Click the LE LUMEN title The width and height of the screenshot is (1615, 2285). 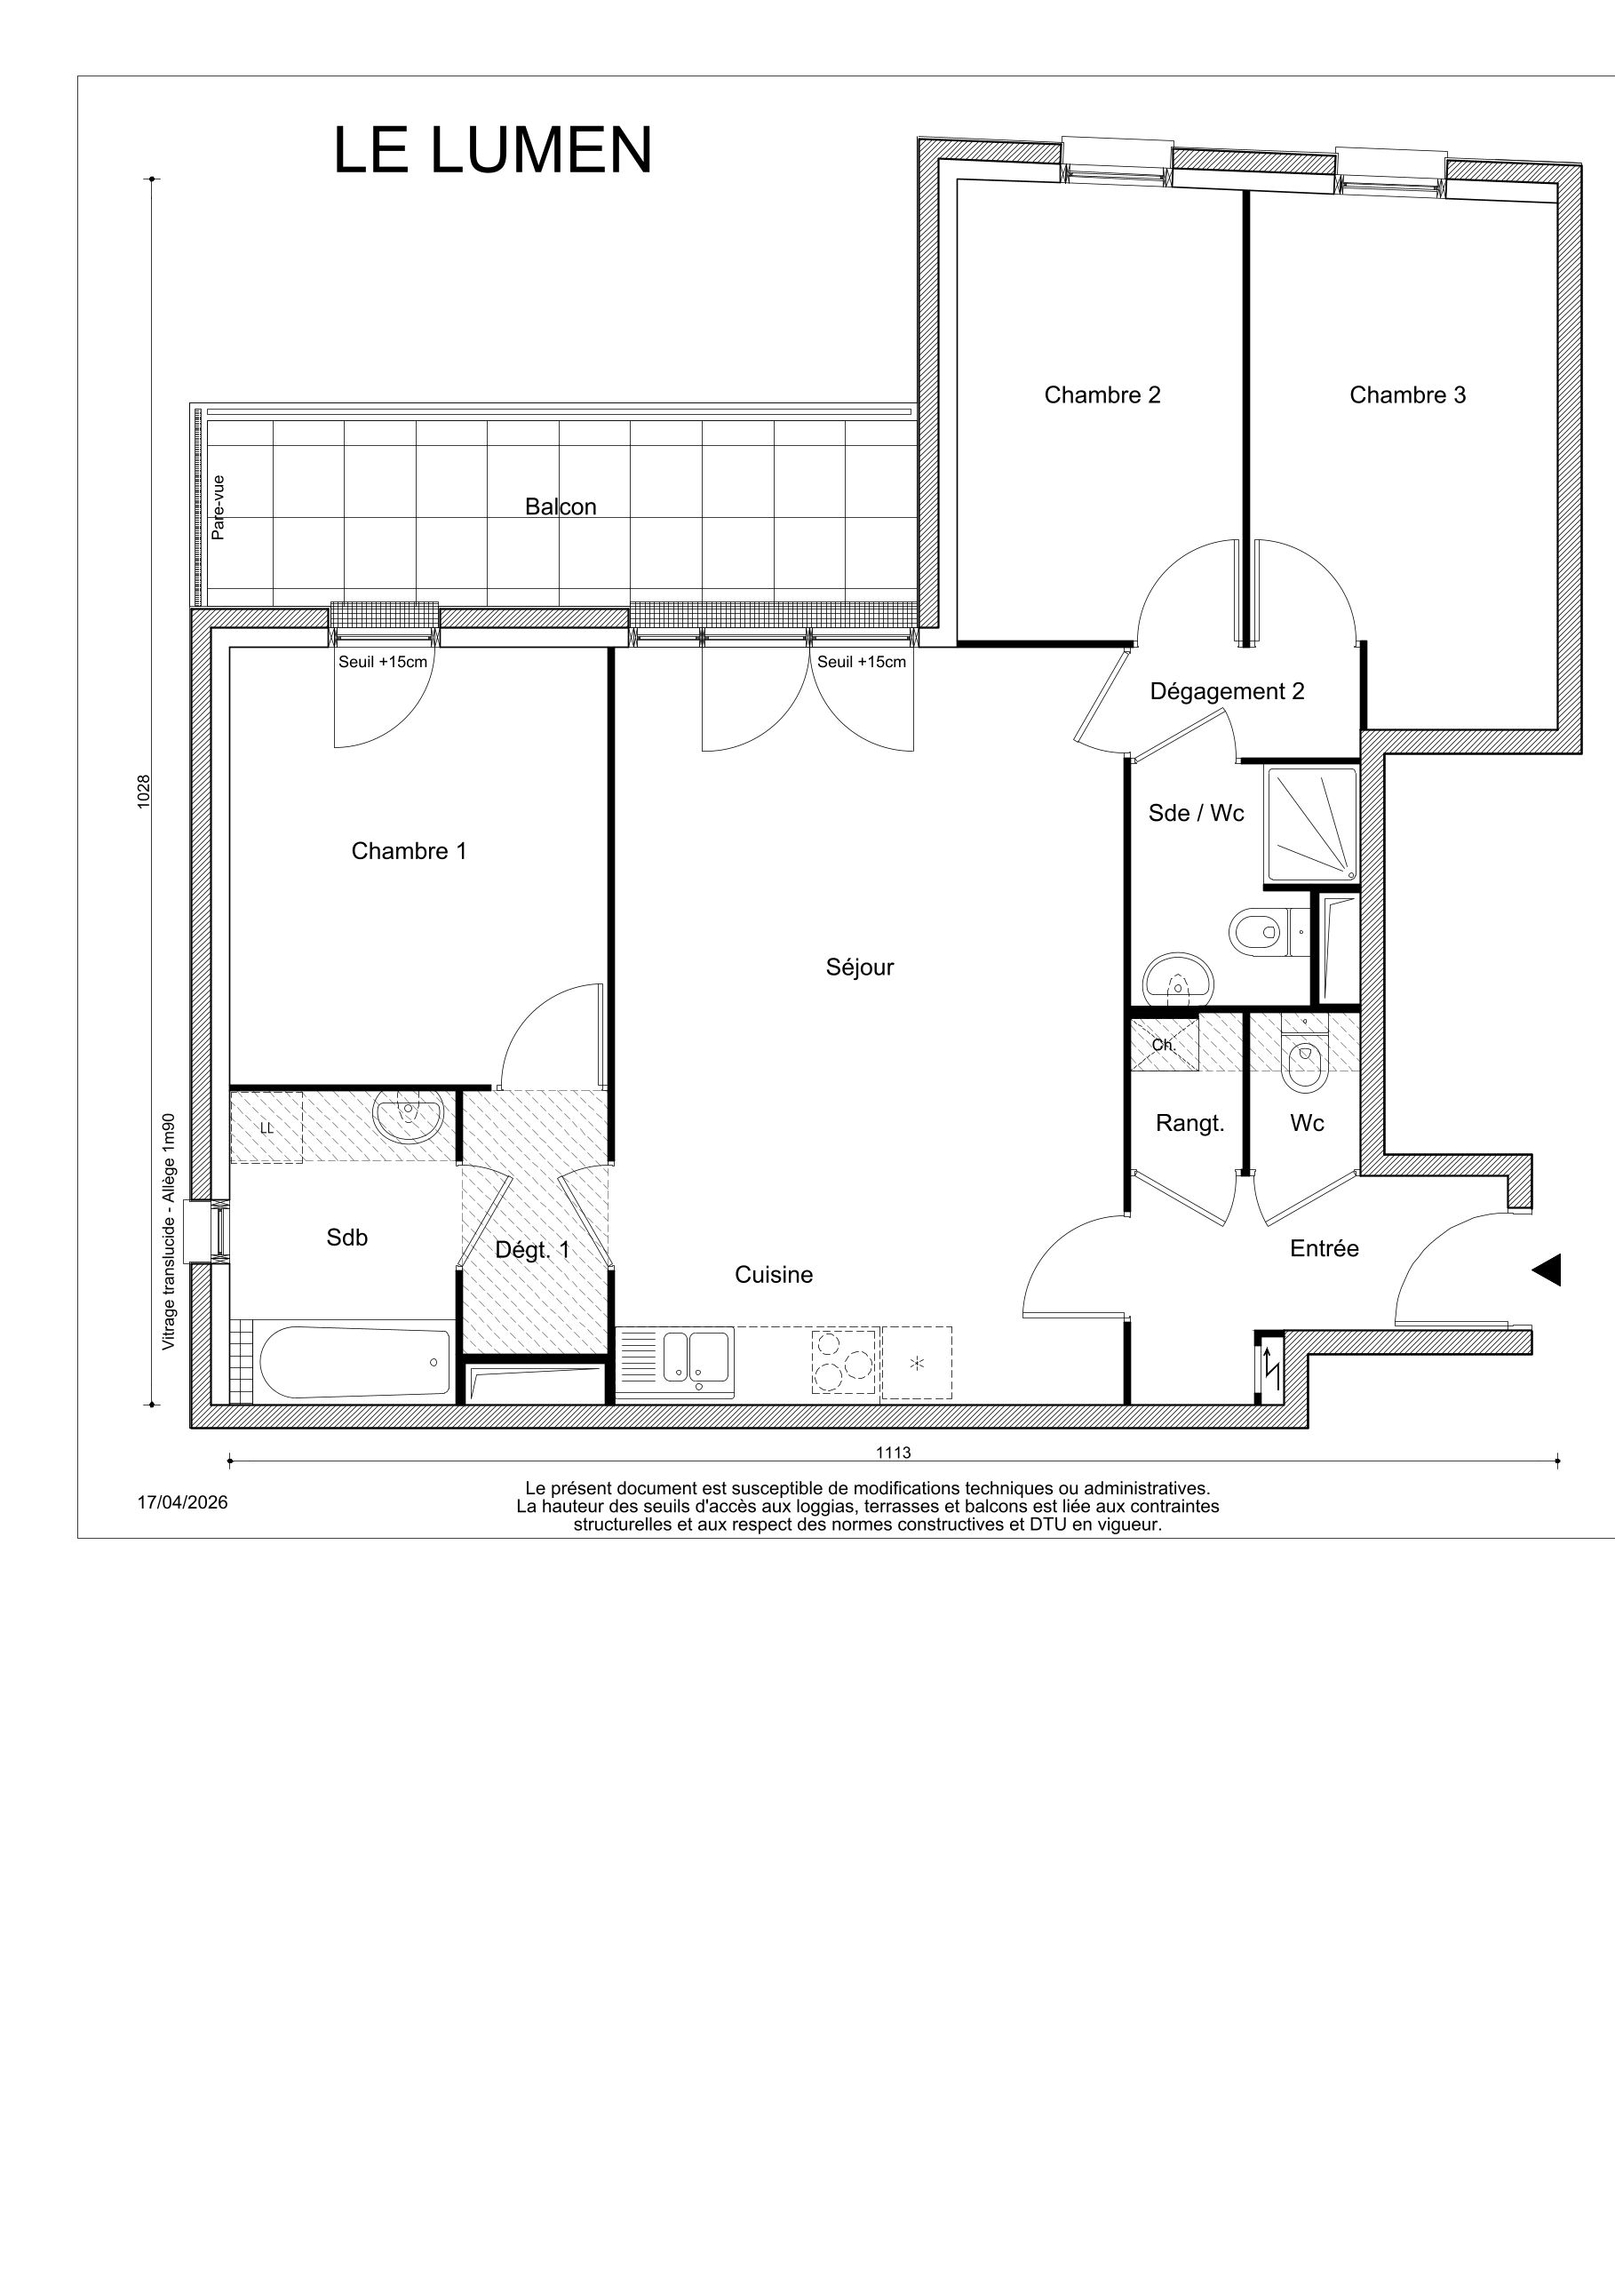(492, 150)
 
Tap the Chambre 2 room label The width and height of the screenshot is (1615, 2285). (1102, 395)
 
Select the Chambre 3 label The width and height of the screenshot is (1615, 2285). (1407, 395)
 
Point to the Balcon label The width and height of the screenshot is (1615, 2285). (561, 506)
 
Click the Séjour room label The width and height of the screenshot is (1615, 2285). (860, 967)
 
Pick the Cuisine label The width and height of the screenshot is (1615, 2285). (773, 1275)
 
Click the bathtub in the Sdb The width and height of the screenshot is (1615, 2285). (354, 1361)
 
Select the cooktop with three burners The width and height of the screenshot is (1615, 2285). (845, 1359)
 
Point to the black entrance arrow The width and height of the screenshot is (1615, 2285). (1546, 1270)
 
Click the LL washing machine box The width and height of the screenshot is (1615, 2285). (267, 1127)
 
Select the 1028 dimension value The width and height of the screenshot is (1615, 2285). (143, 792)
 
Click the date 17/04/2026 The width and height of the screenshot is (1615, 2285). (182, 1503)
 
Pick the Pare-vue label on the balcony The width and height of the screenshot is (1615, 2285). (218, 507)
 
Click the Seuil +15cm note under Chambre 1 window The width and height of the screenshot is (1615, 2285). (383, 662)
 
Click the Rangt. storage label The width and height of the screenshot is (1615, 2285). (1190, 1124)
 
